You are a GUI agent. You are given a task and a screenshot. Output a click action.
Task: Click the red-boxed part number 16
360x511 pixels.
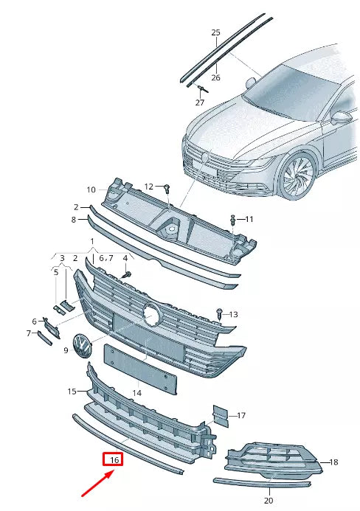[x=114, y=460]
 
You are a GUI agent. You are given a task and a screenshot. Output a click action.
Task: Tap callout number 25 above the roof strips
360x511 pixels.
[x=216, y=32]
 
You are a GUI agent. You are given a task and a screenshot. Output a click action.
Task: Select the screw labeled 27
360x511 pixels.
[x=201, y=88]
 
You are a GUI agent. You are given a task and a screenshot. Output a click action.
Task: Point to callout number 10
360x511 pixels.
[x=91, y=189]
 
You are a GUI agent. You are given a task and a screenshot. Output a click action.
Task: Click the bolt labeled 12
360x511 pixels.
[x=167, y=187]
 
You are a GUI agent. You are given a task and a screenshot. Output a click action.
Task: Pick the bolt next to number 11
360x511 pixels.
[x=234, y=220]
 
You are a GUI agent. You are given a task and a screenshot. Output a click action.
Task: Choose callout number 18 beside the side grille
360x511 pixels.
[x=333, y=462]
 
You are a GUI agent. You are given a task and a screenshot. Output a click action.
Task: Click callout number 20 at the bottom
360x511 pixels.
[x=268, y=500]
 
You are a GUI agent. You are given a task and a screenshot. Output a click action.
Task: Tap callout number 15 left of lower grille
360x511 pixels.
[x=72, y=391]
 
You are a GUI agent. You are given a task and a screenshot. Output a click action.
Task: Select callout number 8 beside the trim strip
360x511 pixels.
[x=75, y=220]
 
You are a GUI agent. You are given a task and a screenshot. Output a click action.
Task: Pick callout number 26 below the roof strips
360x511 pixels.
[x=216, y=77]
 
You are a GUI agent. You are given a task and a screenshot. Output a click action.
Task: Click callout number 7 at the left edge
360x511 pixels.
[x=30, y=333]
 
